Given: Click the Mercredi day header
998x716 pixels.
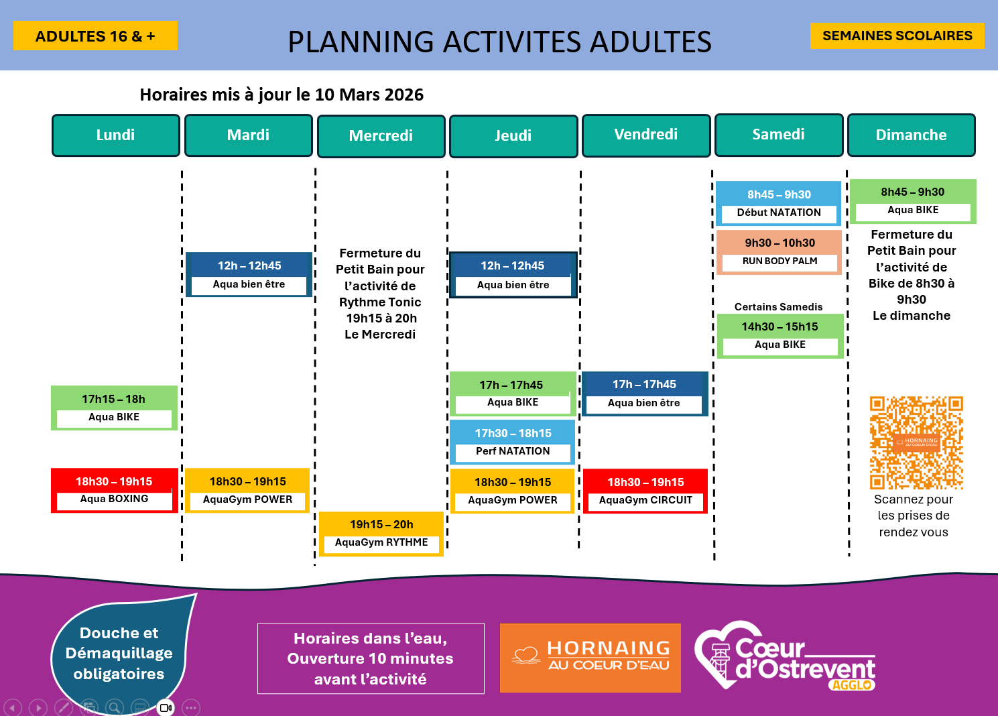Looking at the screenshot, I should [x=381, y=136].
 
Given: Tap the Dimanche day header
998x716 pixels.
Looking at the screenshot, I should [x=911, y=135].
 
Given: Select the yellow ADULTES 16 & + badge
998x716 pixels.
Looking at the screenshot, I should [x=95, y=36].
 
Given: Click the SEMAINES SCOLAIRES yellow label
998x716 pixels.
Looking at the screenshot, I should [x=897, y=36].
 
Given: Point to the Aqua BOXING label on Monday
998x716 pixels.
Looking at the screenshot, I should [x=114, y=499].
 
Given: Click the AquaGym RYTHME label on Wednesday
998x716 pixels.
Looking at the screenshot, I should [x=381, y=542].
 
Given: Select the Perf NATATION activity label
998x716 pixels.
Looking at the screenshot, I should [x=513, y=451].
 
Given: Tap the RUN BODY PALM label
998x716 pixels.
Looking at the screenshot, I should [x=779, y=261].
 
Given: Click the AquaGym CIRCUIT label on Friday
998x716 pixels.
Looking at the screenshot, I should [x=645, y=500].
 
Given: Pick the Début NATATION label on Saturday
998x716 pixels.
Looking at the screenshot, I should [x=779, y=213].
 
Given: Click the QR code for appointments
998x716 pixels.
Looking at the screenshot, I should [x=916, y=442].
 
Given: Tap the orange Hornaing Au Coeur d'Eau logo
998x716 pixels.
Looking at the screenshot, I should [x=590, y=658].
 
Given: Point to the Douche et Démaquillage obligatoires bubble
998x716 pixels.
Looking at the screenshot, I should [x=119, y=653].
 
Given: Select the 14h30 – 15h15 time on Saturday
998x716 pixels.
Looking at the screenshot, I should [x=779, y=326].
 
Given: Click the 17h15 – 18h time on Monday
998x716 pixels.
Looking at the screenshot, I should [x=113, y=399].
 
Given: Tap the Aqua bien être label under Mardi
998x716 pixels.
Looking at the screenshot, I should [x=249, y=284].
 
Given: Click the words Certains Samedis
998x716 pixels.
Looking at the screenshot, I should [x=778, y=307].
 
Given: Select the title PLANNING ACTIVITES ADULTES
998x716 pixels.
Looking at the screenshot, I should [x=499, y=42].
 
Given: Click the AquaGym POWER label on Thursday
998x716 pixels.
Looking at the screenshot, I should [x=513, y=500].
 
